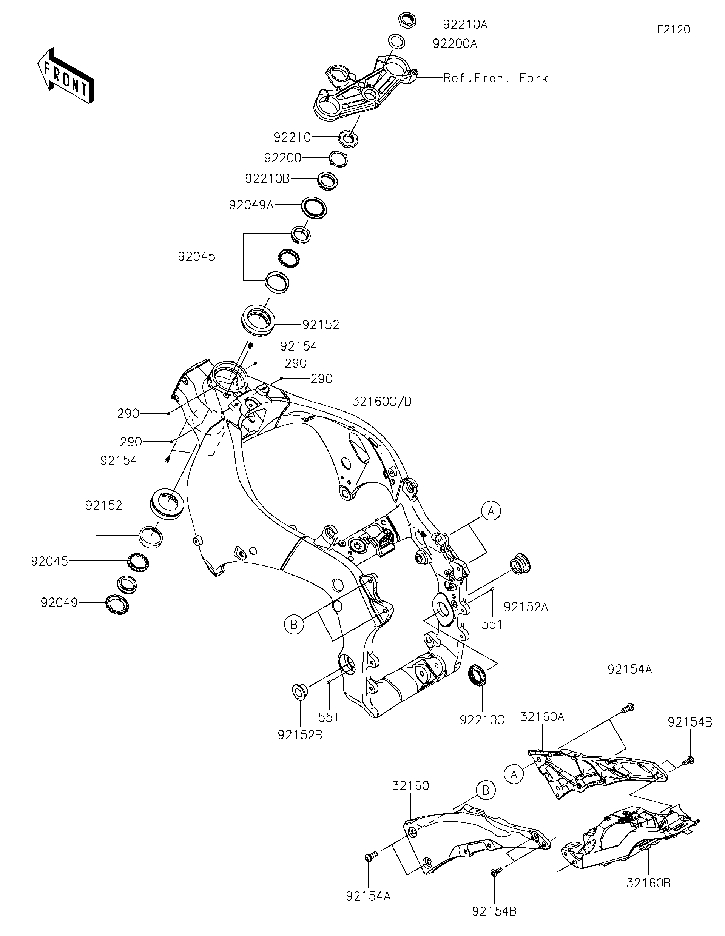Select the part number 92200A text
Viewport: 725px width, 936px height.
click(455, 44)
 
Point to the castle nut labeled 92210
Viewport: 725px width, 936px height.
click(348, 139)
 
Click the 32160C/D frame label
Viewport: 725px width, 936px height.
click(382, 402)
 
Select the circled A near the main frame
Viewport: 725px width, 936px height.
click(491, 511)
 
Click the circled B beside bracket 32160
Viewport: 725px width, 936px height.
click(485, 790)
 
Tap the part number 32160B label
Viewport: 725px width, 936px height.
click(648, 883)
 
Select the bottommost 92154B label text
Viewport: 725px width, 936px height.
click(494, 920)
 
